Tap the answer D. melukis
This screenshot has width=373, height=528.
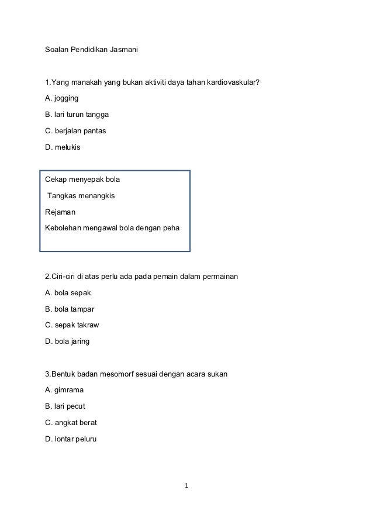[63, 147]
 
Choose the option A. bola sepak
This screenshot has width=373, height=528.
[68, 292]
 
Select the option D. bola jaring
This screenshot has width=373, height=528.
[67, 340]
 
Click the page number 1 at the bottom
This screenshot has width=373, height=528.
[186, 486]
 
